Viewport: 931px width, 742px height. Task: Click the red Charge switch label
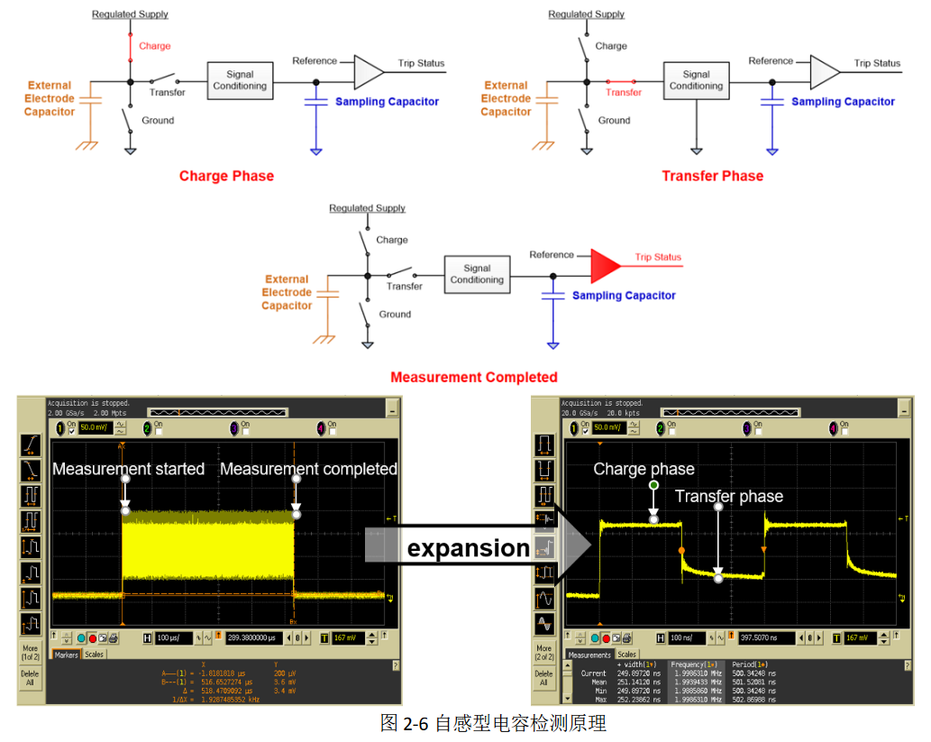click(154, 46)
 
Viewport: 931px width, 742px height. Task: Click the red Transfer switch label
click(624, 93)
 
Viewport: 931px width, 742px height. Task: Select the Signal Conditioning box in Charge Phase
click(240, 80)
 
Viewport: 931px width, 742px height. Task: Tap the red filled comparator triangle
click(606, 262)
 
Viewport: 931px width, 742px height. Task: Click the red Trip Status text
click(658, 257)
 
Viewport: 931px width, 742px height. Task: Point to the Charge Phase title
click(226, 176)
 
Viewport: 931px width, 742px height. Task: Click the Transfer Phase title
click(712, 176)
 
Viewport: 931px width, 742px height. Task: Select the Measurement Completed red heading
click(473, 377)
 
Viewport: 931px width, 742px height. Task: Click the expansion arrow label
click(469, 548)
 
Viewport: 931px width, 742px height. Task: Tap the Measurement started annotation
click(129, 469)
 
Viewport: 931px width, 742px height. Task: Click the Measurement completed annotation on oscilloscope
click(308, 469)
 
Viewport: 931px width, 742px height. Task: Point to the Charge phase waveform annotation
click(643, 469)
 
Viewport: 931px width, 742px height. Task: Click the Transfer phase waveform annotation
click(728, 496)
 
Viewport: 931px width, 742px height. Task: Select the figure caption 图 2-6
click(493, 723)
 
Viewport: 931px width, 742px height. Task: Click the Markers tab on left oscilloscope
click(66, 655)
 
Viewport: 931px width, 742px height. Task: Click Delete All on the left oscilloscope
click(30, 677)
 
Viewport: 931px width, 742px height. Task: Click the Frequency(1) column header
click(697, 664)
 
